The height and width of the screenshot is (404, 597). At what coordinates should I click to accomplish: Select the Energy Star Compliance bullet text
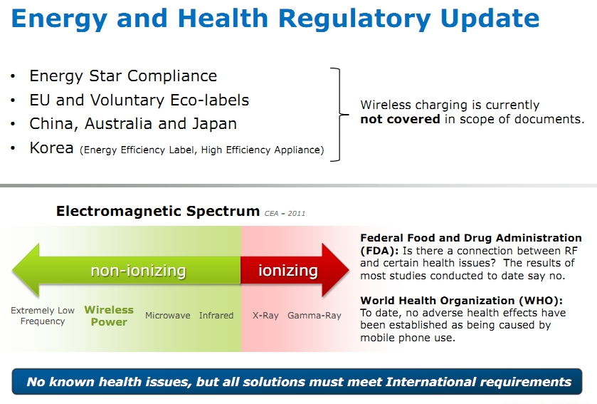123,76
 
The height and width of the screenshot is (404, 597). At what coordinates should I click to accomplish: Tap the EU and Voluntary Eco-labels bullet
139,100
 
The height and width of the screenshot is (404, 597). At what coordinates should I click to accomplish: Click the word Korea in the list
51,148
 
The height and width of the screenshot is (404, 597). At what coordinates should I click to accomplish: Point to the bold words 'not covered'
400,119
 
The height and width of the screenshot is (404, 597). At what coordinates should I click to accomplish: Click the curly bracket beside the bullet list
339,114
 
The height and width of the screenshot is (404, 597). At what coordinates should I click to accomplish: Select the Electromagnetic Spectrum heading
158,211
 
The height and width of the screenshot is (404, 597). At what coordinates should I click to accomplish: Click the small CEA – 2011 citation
285,214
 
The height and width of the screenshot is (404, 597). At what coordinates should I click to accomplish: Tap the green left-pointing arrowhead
26,270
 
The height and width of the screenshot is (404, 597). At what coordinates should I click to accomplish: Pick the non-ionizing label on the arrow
138,271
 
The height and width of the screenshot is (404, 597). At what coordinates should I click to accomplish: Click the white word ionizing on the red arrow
288,270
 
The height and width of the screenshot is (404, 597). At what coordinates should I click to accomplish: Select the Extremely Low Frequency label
43,316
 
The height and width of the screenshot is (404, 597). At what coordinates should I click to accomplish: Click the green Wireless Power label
109,316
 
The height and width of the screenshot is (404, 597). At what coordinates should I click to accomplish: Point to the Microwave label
167,316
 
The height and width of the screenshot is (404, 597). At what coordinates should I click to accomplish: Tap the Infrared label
216,316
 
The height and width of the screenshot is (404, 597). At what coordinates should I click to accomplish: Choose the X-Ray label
265,316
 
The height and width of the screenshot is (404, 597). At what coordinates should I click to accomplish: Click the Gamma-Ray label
314,316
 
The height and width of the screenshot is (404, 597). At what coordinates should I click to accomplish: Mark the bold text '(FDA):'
379,251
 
